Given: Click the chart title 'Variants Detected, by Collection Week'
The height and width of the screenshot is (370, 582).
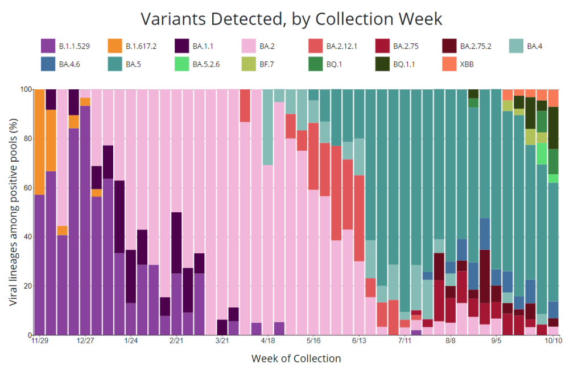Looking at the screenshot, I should pyautogui.click(x=291, y=18).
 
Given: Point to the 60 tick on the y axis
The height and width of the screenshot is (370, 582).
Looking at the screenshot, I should pyautogui.click(x=25, y=188).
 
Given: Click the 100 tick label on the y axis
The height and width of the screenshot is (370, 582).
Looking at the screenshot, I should pyautogui.click(x=23, y=89).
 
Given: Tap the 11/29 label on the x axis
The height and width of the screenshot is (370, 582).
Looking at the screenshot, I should pyautogui.click(x=39, y=341).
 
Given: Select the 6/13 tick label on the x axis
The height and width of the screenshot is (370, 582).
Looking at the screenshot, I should pyautogui.click(x=358, y=341).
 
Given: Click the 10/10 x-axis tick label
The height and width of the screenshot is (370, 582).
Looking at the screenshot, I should pyautogui.click(x=553, y=341).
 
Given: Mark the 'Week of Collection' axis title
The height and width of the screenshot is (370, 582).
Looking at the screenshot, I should pyautogui.click(x=296, y=359).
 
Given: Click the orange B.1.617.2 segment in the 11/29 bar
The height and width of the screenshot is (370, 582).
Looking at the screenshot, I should pyautogui.click(x=40, y=142).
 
